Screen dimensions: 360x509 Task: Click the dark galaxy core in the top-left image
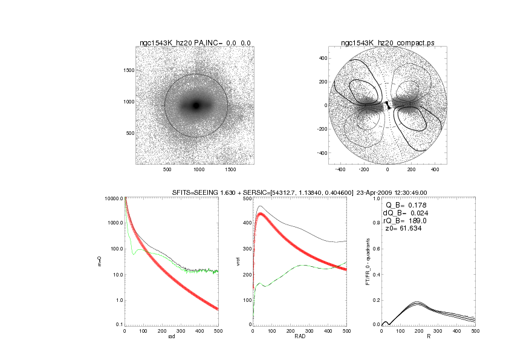196,105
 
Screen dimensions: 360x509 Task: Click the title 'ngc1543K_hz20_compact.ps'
387,43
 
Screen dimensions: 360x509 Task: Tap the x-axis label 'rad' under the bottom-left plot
171,337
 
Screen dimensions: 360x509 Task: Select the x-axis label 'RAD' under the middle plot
299,337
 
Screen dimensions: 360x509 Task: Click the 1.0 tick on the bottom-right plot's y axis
375,198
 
